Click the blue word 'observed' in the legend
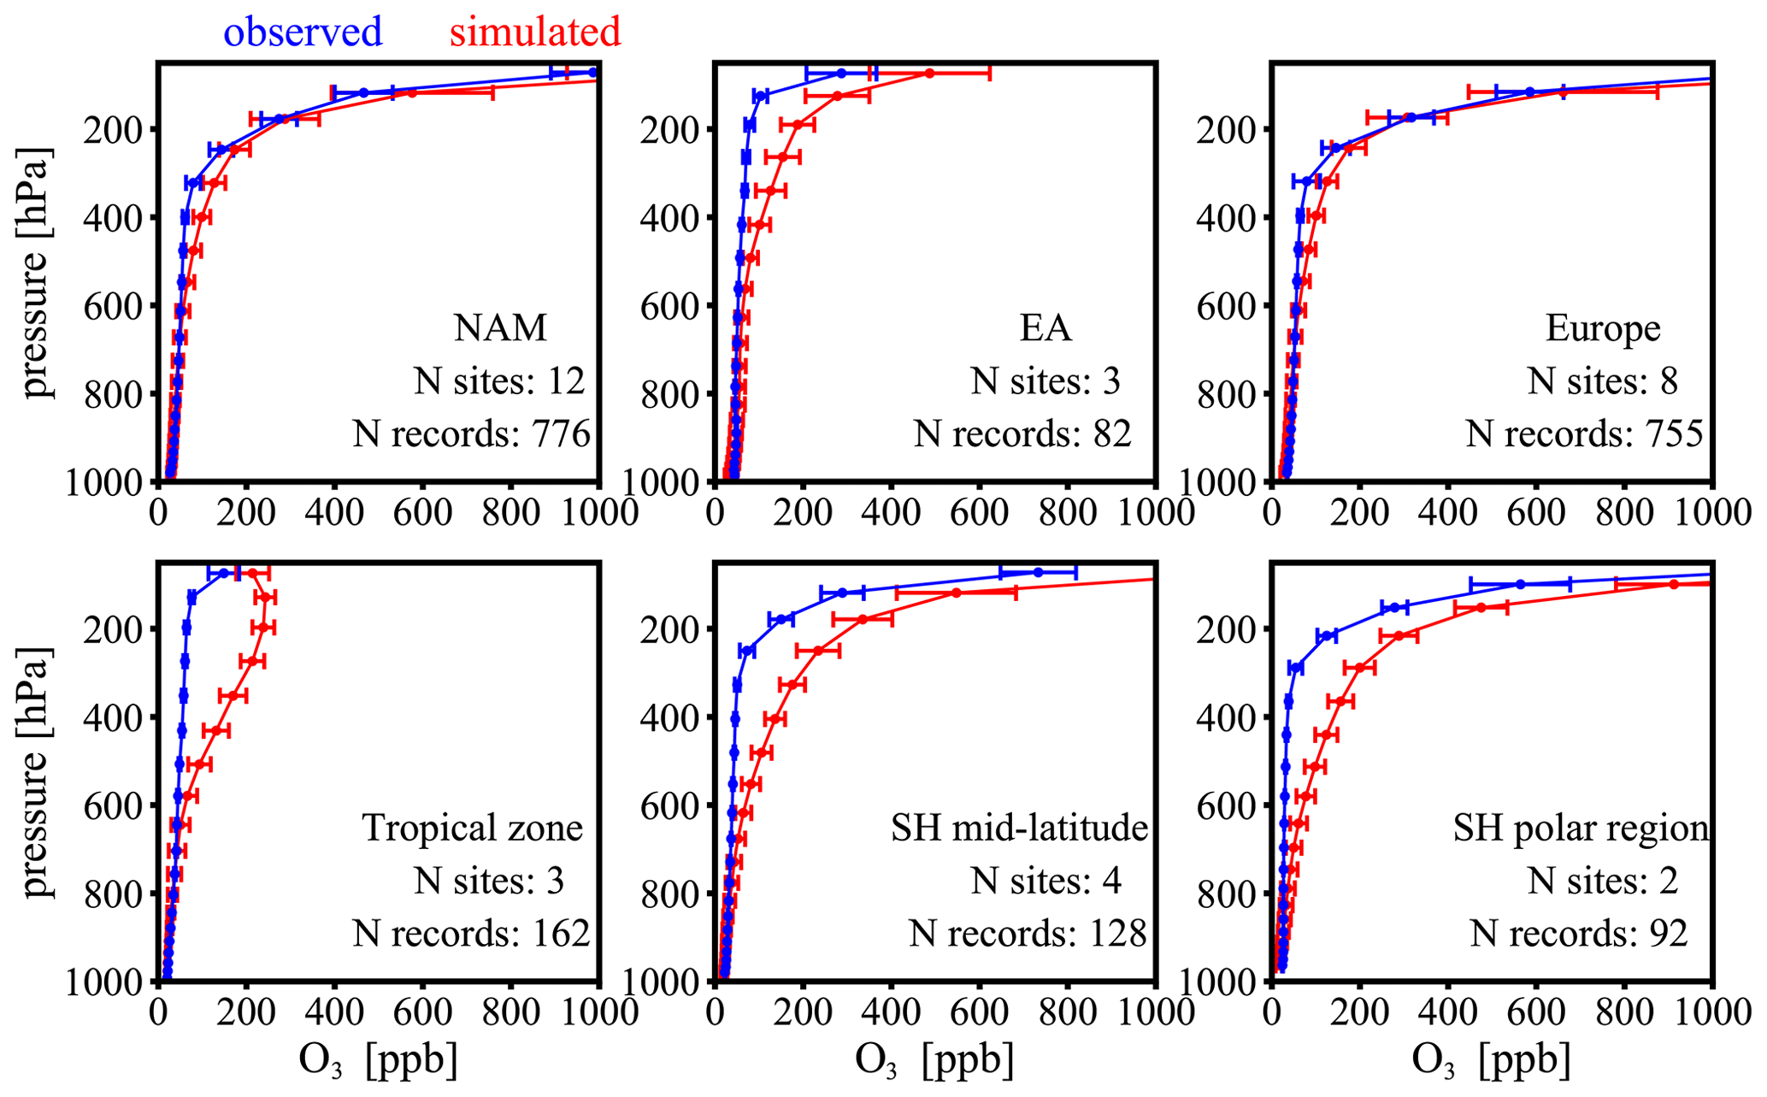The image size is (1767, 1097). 303,32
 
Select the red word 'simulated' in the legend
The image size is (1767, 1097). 535,32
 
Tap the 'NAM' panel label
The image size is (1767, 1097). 500,327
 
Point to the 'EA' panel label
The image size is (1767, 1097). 1045,327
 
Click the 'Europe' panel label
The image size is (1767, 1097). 1603,327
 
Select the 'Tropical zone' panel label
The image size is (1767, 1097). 473,828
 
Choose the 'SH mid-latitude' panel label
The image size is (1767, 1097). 1019,828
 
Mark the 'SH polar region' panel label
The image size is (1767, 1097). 1581,828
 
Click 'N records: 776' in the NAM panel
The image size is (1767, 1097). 472,434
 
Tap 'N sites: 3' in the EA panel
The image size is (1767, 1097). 1045,381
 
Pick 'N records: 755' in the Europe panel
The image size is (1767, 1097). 1585,434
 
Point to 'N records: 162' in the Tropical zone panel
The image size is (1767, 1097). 472,934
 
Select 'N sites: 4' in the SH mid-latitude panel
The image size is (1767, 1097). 1045,881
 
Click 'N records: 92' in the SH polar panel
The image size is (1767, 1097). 1579,934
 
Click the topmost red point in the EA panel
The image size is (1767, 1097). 930,74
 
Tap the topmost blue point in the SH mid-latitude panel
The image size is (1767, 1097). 1038,572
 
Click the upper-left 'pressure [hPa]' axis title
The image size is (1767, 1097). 36,272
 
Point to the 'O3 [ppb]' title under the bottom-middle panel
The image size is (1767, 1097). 934,1061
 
